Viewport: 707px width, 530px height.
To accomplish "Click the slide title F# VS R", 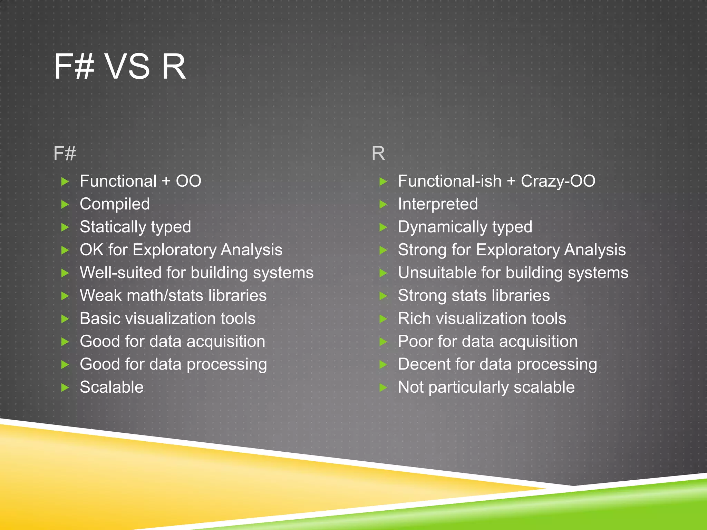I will [x=120, y=67].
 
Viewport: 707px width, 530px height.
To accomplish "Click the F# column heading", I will [x=65, y=153].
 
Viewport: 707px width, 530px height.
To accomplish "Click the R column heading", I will [x=378, y=153].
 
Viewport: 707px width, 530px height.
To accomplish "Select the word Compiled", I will [x=115, y=204].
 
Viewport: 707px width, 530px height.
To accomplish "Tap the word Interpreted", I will [x=438, y=204].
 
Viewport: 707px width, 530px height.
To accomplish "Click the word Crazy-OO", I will [x=558, y=181].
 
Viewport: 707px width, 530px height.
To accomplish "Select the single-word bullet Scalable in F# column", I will [x=112, y=387].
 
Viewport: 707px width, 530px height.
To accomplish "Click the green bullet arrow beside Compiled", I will [x=65, y=204].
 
